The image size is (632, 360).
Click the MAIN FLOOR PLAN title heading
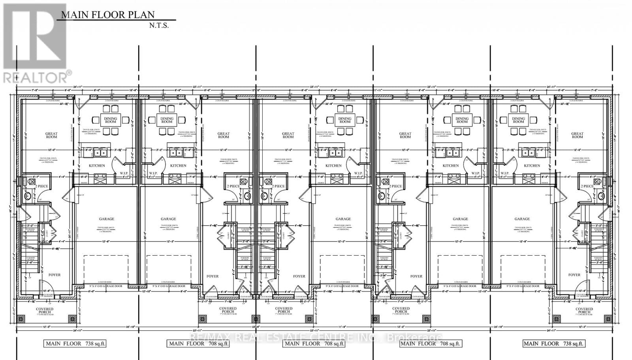(x=107, y=15)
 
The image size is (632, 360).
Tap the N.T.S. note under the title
(x=159, y=26)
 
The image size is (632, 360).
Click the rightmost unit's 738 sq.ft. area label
(x=553, y=343)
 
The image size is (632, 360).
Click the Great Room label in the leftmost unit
(x=51, y=136)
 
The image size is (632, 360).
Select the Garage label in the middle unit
(x=343, y=219)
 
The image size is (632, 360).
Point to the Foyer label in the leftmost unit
(x=55, y=275)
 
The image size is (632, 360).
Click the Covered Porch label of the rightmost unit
(x=584, y=311)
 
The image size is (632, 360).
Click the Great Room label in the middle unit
(x=288, y=136)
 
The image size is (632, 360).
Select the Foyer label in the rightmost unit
(x=574, y=275)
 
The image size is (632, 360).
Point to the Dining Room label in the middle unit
(x=345, y=120)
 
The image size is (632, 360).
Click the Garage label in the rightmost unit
(x=522, y=219)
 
